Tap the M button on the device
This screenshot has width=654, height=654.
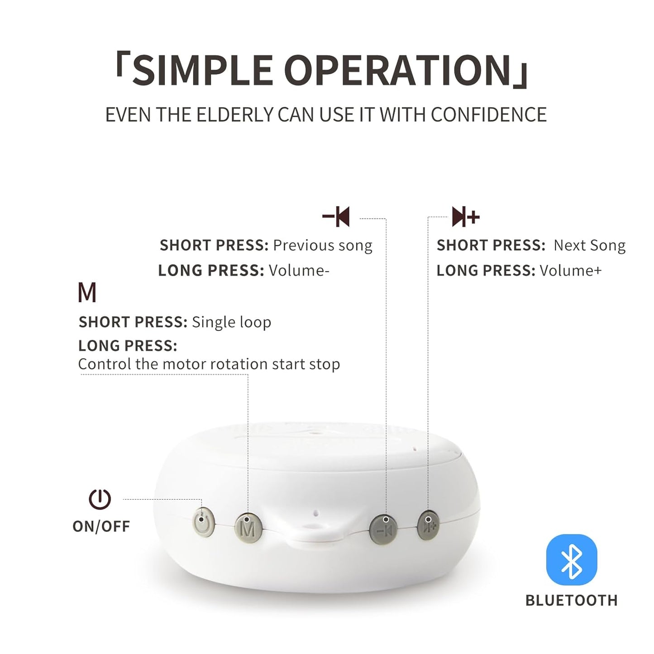coord(248,527)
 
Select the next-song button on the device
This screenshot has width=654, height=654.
coord(428,525)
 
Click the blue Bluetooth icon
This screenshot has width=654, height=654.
coord(572,560)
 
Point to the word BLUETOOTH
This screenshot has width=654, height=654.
coord(571,601)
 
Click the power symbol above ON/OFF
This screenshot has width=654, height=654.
coord(100,499)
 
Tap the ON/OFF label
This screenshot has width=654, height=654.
coord(101,526)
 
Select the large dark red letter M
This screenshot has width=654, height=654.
coord(87,293)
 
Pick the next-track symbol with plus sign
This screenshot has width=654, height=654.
coord(465,217)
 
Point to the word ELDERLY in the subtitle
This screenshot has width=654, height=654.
coord(229,115)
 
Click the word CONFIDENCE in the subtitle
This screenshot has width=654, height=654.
coord(488,115)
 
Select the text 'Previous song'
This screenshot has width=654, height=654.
coord(323,245)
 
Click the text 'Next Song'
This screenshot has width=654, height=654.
coord(589,245)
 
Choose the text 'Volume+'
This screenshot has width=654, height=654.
coord(571,271)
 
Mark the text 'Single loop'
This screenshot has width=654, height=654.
coord(231,322)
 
